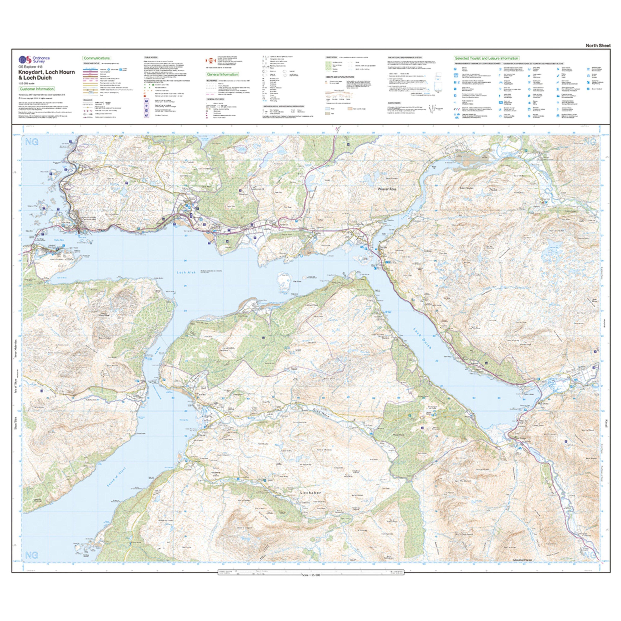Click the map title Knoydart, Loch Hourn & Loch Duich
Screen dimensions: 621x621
click(x=47, y=75)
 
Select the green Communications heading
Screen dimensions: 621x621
click(x=97, y=58)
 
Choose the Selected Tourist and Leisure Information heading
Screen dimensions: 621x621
click(x=486, y=58)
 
